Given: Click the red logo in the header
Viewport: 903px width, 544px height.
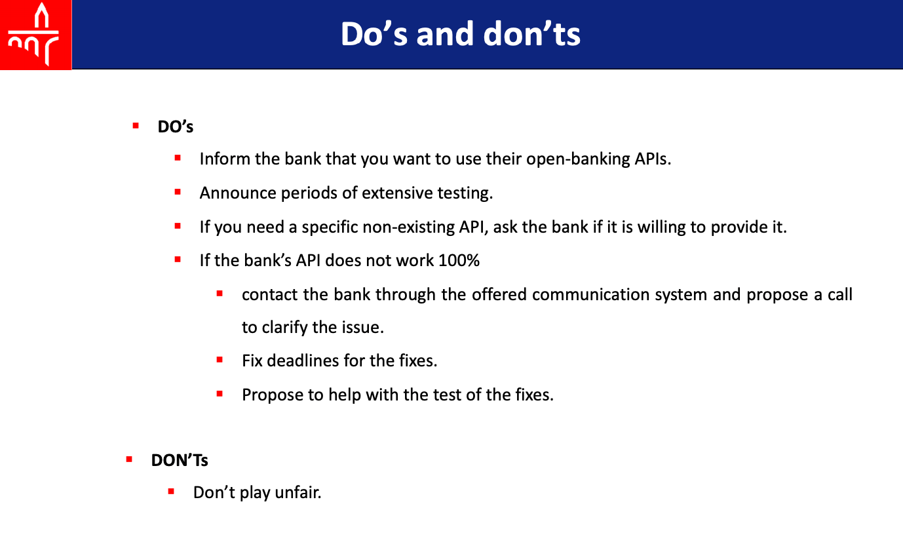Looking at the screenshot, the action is click(35, 35).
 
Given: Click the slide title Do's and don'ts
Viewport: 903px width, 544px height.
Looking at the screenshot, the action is click(461, 34).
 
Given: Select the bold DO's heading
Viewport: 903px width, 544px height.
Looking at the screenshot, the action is click(176, 126).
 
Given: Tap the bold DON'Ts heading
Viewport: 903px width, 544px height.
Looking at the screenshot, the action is click(180, 460).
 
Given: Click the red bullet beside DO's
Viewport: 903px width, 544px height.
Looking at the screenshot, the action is click(136, 126).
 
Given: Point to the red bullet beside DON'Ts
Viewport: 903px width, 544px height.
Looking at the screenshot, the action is click(129, 459).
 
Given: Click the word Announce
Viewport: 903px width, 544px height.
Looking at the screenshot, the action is click(238, 193).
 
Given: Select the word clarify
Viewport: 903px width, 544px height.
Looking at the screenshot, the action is click(284, 328).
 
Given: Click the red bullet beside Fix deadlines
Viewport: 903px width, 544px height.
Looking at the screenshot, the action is click(220, 359).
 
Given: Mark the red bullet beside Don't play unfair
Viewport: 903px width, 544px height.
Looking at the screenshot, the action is click(171, 491).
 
